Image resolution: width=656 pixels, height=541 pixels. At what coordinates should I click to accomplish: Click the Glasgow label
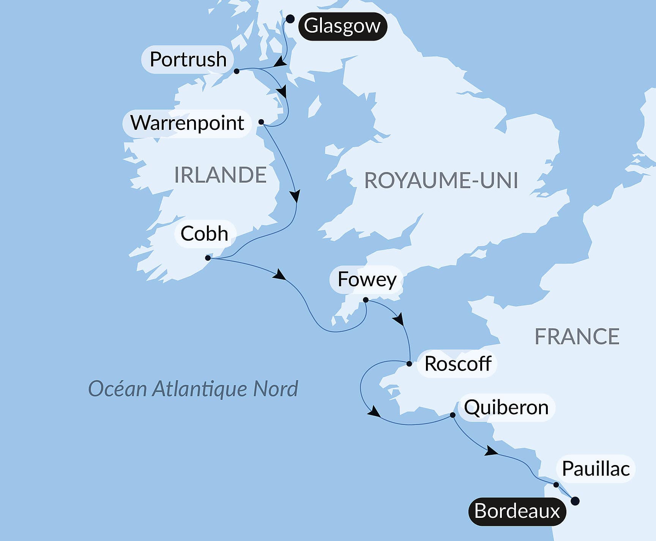[342, 26]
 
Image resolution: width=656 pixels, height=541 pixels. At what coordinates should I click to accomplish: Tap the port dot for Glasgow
[290, 19]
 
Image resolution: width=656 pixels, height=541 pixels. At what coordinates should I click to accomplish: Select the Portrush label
[188, 60]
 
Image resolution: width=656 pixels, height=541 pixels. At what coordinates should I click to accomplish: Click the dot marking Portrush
[237, 71]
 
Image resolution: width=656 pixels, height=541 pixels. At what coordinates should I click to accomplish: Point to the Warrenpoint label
[187, 123]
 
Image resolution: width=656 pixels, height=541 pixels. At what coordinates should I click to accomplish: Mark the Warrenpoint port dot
[261, 122]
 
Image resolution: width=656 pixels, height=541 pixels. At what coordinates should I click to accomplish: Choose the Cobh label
[205, 233]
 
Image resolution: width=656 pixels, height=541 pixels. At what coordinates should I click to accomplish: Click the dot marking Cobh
[208, 258]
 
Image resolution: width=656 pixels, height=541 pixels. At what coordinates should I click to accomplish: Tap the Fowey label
[367, 279]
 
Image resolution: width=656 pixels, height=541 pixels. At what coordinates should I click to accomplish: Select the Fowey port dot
[366, 300]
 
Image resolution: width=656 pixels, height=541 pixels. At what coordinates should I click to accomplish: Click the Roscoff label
[458, 364]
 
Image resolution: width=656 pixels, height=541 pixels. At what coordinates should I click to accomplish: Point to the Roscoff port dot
[409, 364]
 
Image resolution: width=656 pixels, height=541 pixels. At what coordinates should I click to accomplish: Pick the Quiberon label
[506, 407]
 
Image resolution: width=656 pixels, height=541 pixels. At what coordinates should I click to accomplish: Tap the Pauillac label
[596, 468]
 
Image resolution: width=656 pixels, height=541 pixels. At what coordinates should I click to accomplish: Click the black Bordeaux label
[517, 511]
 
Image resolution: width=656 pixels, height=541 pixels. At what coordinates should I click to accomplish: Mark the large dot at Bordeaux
[575, 501]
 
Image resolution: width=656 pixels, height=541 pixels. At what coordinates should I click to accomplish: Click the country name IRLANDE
[220, 175]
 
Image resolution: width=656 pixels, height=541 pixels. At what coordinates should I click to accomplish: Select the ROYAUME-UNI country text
[441, 180]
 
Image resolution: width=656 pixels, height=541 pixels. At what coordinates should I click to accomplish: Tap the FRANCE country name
[577, 336]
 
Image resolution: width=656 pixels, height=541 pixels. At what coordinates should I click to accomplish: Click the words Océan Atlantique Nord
[193, 389]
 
